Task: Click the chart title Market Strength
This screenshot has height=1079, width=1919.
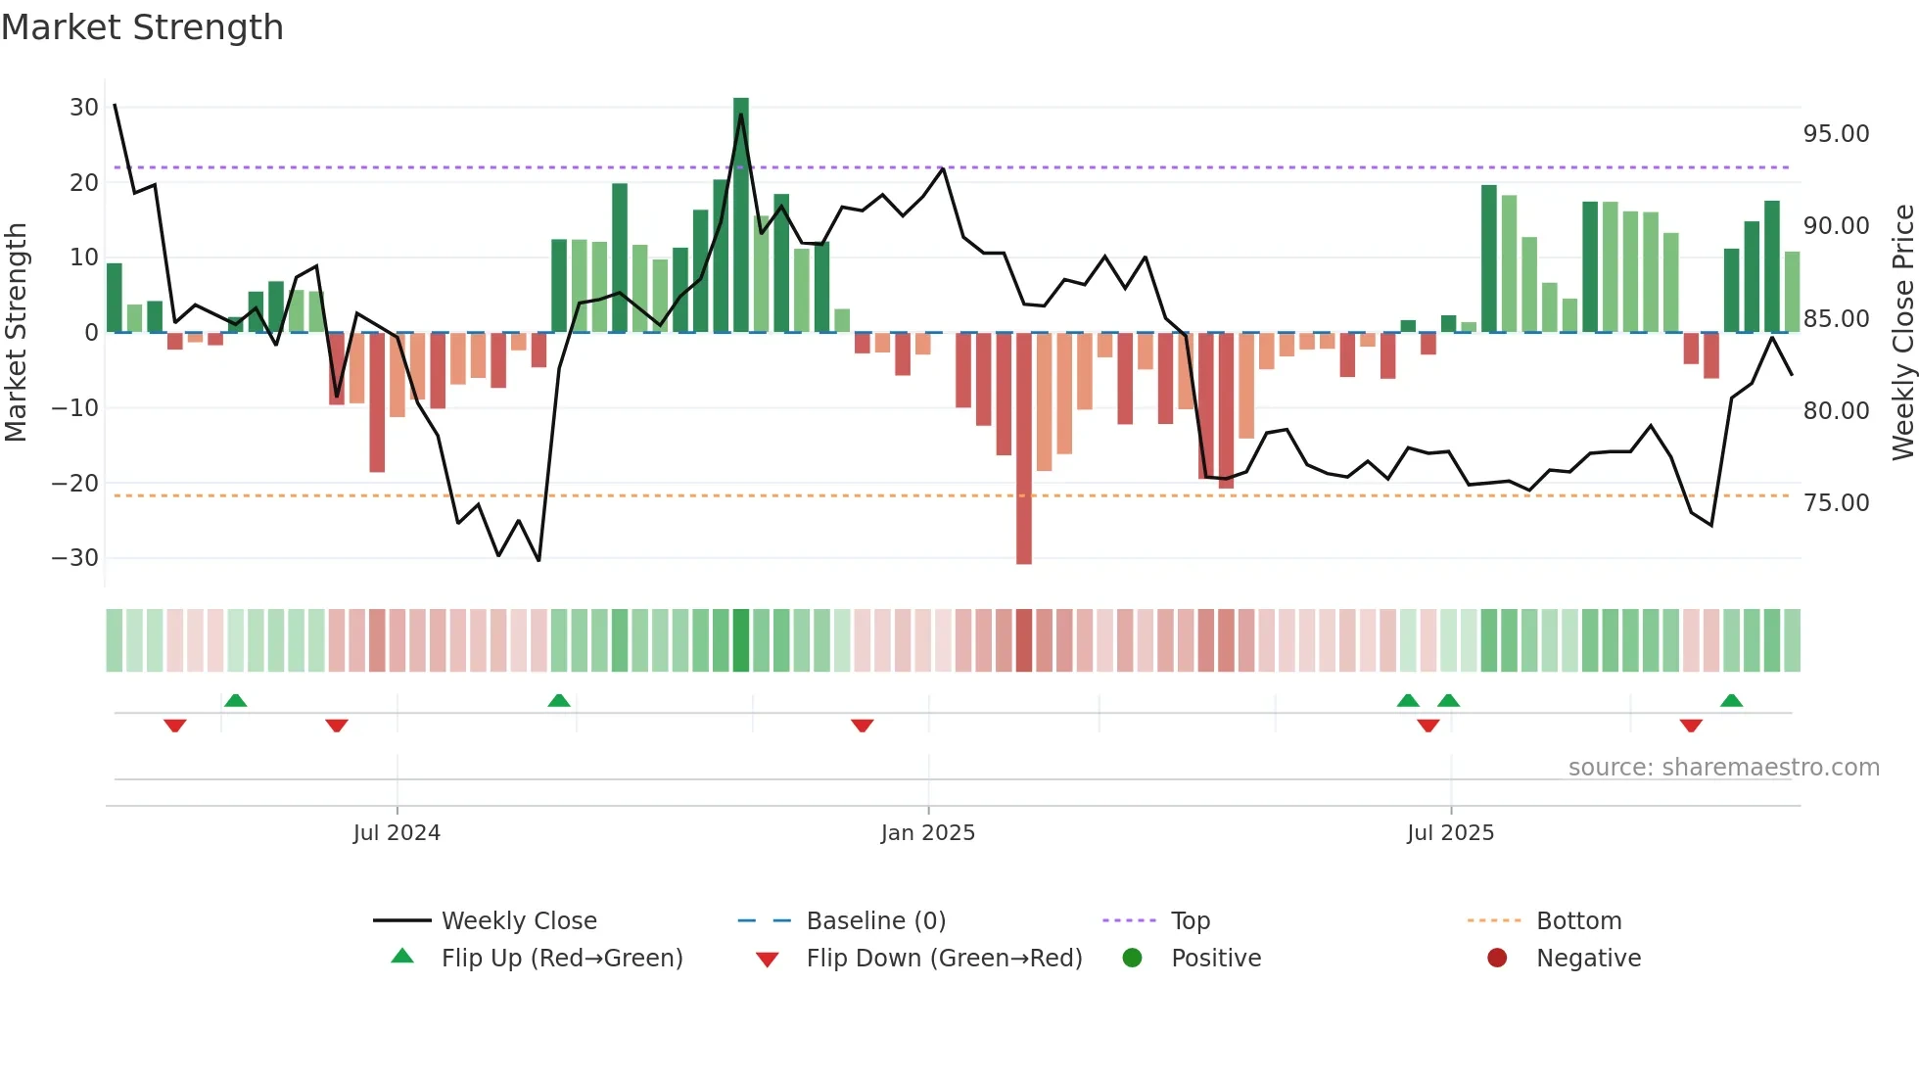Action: (x=142, y=27)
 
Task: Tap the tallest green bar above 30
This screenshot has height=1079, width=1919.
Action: (x=741, y=215)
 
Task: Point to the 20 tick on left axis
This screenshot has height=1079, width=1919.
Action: (x=84, y=183)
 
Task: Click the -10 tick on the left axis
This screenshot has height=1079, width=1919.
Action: (x=75, y=408)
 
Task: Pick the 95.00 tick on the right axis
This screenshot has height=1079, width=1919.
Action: (x=1836, y=134)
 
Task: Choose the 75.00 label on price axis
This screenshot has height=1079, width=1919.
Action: (x=1836, y=503)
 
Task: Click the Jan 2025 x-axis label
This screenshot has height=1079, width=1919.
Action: (x=927, y=833)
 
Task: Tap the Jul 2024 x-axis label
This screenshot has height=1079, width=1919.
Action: (x=397, y=833)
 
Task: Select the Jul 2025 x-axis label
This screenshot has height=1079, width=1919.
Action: (x=1450, y=833)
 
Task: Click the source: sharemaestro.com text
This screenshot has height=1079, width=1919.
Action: (x=1723, y=768)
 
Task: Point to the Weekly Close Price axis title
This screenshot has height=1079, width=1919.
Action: (x=1902, y=333)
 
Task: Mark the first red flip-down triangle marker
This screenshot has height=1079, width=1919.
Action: (x=175, y=726)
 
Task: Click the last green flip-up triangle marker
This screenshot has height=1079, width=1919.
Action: (x=1731, y=700)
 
